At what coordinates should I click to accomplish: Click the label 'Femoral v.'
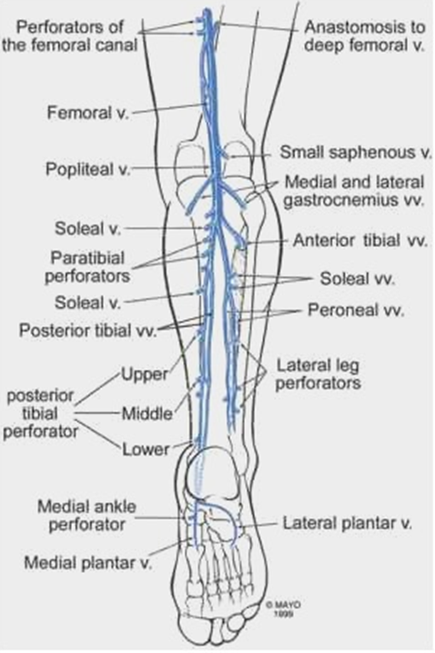pos(87,114)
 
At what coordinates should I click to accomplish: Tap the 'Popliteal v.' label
pos(86,170)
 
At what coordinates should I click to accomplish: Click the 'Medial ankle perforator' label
pos(81,514)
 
